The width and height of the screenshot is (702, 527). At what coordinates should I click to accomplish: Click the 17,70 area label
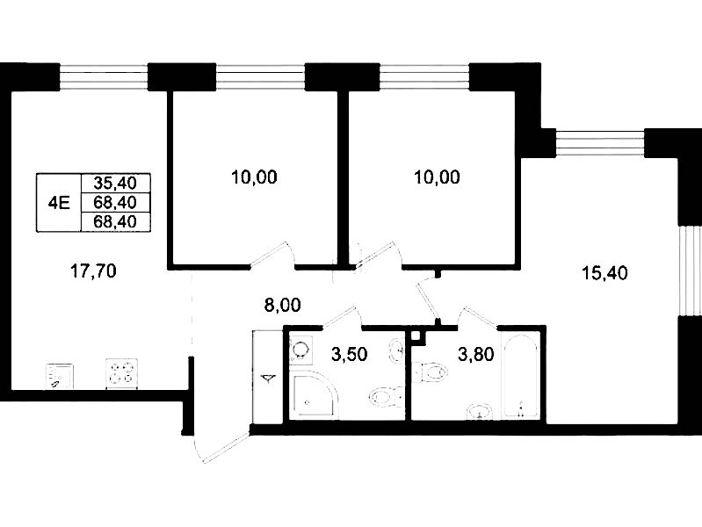click(x=93, y=271)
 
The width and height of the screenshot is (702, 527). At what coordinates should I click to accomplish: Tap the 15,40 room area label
click(x=604, y=272)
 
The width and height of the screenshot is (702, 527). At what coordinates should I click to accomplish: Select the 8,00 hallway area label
click(x=283, y=306)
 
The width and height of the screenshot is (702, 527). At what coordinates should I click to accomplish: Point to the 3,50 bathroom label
click(x=349, y=355)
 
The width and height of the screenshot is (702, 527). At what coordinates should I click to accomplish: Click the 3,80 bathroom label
click(x=476, y=355)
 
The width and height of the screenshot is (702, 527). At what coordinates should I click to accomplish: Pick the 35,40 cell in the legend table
click(x=115, y=183)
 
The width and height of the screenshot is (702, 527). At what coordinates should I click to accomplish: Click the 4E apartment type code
click(x=59, y=203)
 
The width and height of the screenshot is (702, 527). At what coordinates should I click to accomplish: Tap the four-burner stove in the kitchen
click(x=121, y=373)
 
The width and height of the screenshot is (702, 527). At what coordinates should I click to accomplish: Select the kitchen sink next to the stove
click(x=60, y=376)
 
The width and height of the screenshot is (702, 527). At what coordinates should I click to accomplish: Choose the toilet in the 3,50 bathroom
click(x=386, y=397)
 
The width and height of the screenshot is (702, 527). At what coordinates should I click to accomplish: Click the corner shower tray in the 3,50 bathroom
click(x=314, y=397)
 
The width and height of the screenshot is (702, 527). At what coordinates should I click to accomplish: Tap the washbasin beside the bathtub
click(x=479, y=411)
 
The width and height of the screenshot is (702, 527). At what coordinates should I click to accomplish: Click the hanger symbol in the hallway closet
click(x=268, y=379)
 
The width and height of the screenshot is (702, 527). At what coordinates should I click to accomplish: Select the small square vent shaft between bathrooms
click(x=416, y=335)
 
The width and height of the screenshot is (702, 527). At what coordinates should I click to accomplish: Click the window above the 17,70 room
click(x=104, y=77)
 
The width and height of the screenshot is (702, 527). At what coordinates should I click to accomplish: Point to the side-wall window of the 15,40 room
click(x=690, y=271)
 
